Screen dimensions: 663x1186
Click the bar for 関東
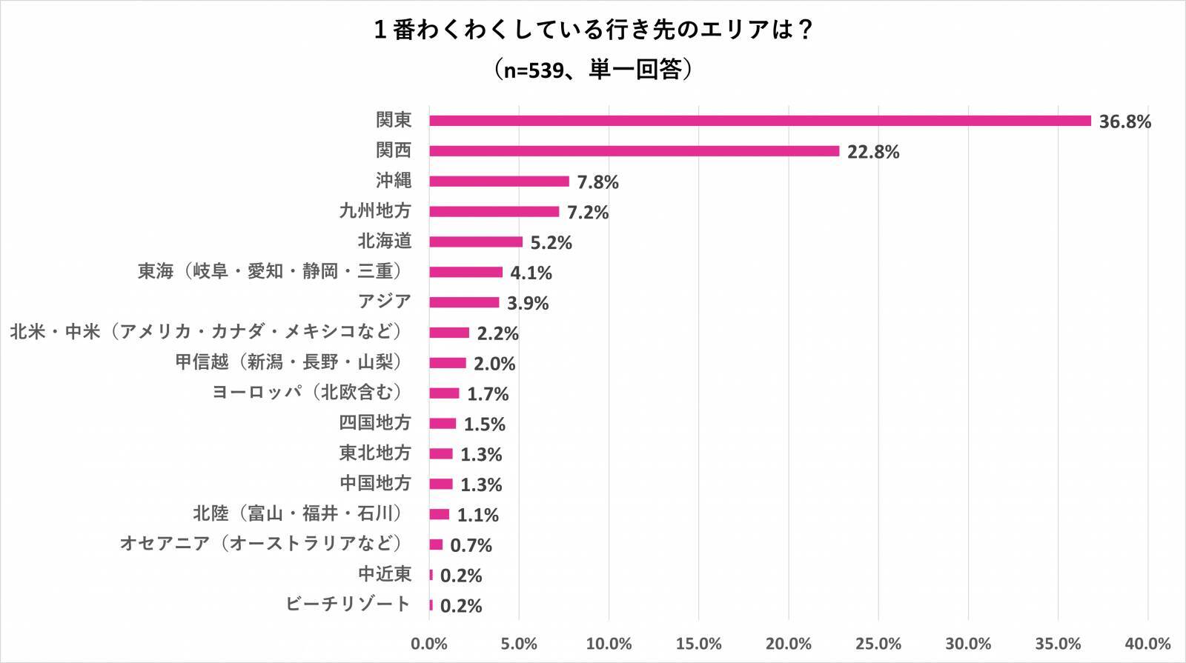coord(760,121)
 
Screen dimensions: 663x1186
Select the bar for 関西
coord(634,151)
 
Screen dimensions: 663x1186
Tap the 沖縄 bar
coord(499,181)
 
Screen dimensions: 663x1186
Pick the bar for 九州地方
coord(494,212)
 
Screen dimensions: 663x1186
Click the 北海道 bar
coord(476,242)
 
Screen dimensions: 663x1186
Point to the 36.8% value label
coord(1124,121)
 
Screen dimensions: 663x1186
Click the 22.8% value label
coord(873,152)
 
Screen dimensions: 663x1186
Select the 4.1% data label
coord(531,273)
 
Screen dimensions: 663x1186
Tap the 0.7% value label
coord(471,546)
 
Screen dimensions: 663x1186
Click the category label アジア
coord(384,301)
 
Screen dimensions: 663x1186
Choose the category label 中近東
coord(384,574)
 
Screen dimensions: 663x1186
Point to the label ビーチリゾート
coord(348,604)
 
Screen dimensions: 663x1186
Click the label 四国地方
coord(374,423)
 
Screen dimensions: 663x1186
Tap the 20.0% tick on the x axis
coord(789,644)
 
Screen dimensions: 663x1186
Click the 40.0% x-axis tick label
coord(1147,644)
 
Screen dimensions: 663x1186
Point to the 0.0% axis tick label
coord(429,644)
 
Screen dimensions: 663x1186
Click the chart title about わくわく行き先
coord(593,30)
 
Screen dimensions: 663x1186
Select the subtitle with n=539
coord(593,70)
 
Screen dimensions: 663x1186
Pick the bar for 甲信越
coord(448,363)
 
